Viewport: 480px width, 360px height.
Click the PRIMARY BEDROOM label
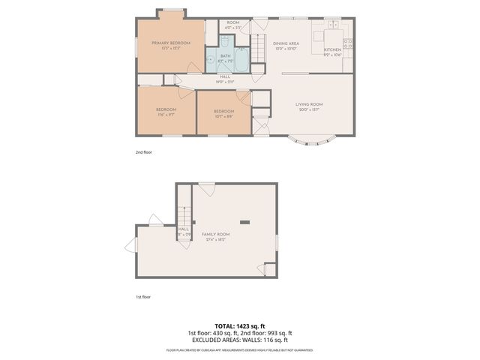[x=170, y=43]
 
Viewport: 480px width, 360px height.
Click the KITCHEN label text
[x=332, y=49]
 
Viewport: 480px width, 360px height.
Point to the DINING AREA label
[x=285, y=43]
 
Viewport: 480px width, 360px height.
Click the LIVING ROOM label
[x=308, y=104]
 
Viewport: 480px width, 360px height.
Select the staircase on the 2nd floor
[x=259, y=49]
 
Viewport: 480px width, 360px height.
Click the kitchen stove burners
[x=347, y=42]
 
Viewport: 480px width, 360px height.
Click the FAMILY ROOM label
[x=215, y=235]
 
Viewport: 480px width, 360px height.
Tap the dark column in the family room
[x=244, y=222]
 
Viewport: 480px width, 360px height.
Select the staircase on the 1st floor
[x=184, y=210]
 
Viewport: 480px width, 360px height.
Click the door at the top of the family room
[x=207, y=187]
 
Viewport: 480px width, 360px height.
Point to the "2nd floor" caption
[x=143, y=152]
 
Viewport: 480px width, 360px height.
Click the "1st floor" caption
[x=143, y=297]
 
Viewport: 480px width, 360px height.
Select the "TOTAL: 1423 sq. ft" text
[x=239, y=325]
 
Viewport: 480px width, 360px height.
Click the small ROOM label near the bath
[x=233, y=23]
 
